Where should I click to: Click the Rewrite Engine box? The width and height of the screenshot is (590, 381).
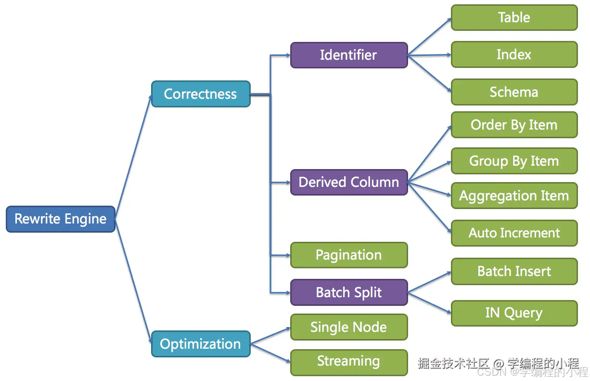click(61, 219)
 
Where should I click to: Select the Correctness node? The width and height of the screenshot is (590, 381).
click(201, 94)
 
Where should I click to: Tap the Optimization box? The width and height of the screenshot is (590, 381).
click(201, 344)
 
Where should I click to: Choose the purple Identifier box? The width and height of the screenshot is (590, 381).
click(349, 55)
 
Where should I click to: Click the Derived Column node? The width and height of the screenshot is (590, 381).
click(349, 182)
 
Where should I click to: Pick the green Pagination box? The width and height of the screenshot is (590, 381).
click(349, 255)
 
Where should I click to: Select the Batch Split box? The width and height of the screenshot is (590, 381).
click(349, 292)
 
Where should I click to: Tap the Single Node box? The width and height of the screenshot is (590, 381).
click(349, 327)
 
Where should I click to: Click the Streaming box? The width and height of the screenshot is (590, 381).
click(349, 363)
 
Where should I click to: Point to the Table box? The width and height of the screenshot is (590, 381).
click(514, 17)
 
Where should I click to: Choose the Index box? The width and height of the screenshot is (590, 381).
click(514, 54)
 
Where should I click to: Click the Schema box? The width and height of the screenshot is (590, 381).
click(514, 92)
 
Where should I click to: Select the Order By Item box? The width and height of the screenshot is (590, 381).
click(514, 125)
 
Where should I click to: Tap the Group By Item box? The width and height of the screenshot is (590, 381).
click(514, 161)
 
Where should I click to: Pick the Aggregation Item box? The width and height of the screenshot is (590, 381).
click(514, 196)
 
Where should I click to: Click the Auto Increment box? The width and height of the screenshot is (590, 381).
click(514, 233)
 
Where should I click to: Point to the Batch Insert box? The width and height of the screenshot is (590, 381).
click(514, 271)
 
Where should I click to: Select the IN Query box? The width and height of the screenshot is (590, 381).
click(514, 313)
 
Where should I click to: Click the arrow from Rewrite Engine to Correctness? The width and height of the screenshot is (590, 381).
click(134, 157)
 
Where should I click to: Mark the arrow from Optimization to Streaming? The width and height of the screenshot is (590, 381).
click(270, 353)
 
